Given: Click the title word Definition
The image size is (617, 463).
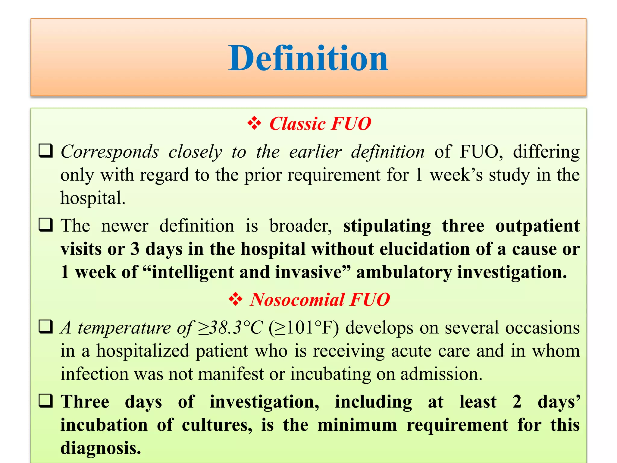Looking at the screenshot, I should [x=308, y=58].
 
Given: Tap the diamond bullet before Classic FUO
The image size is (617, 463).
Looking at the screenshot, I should [x=254, y=123].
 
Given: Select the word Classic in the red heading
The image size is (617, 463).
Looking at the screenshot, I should [x=297, y=124].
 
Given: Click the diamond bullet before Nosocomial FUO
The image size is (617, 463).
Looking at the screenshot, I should [x=235, y=299].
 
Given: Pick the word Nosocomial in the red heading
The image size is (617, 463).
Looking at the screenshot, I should [x=297, y=300].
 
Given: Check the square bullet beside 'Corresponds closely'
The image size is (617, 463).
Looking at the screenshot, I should [x=46, y=151].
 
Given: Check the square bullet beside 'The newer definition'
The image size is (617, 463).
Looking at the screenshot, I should [x=46, y=225].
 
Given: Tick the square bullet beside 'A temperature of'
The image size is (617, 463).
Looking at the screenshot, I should [x=46, y=327].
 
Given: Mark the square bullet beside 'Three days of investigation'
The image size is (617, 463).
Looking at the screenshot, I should [x=46, y=401].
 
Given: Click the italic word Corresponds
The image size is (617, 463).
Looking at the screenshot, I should [x=110, y=152].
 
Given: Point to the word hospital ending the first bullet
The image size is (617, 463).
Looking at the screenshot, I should [x=92, y=198].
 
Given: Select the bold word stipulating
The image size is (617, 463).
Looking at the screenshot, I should [x=387, y=226].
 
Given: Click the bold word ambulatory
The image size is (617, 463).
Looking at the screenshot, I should [x=404, y=272].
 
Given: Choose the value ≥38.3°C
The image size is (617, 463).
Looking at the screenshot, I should [x=230, y=328].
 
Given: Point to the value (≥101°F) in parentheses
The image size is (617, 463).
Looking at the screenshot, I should [x=304, y=328].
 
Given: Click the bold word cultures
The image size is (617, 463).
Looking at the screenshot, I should [x=217, y=425].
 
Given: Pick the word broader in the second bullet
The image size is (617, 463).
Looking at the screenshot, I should [x=300, y=226].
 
